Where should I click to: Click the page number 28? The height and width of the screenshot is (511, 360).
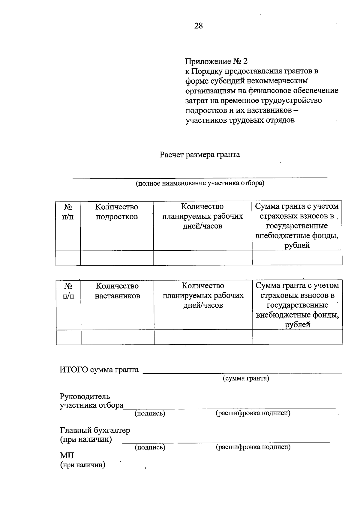[198, 26]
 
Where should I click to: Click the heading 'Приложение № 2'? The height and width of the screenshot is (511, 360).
[216, 61]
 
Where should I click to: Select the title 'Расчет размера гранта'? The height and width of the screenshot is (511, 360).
[200, 155]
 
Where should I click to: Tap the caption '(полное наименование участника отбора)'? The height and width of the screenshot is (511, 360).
[200, 183]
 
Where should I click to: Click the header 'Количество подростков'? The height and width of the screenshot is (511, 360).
[117, 211]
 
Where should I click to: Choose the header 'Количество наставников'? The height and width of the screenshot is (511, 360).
[117, 291]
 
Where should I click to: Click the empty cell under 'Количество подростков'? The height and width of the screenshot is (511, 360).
[117, 258]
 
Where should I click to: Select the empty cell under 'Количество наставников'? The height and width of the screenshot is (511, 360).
[118, 337]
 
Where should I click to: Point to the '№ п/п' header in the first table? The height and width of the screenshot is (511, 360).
[68, 211]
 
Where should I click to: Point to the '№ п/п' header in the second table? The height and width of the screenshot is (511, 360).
[68, 291]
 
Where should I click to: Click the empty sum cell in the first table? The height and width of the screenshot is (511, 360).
[297, 258]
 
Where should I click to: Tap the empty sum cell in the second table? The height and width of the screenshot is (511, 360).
[298, 337]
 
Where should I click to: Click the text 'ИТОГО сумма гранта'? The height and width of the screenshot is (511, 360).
[99, 369]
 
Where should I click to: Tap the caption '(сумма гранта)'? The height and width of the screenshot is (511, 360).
[246, 378]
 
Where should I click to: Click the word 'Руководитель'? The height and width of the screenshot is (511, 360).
[85, 396]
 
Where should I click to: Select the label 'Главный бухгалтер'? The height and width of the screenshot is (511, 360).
[95, 430]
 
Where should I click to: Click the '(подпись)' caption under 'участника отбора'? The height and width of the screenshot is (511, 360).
[150, 413]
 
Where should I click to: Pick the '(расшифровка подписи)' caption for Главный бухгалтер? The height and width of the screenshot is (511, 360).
[253, 447]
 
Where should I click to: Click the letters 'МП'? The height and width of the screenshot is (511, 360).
[67, 456]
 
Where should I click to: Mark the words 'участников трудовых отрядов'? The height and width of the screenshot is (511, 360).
[240, 120]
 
